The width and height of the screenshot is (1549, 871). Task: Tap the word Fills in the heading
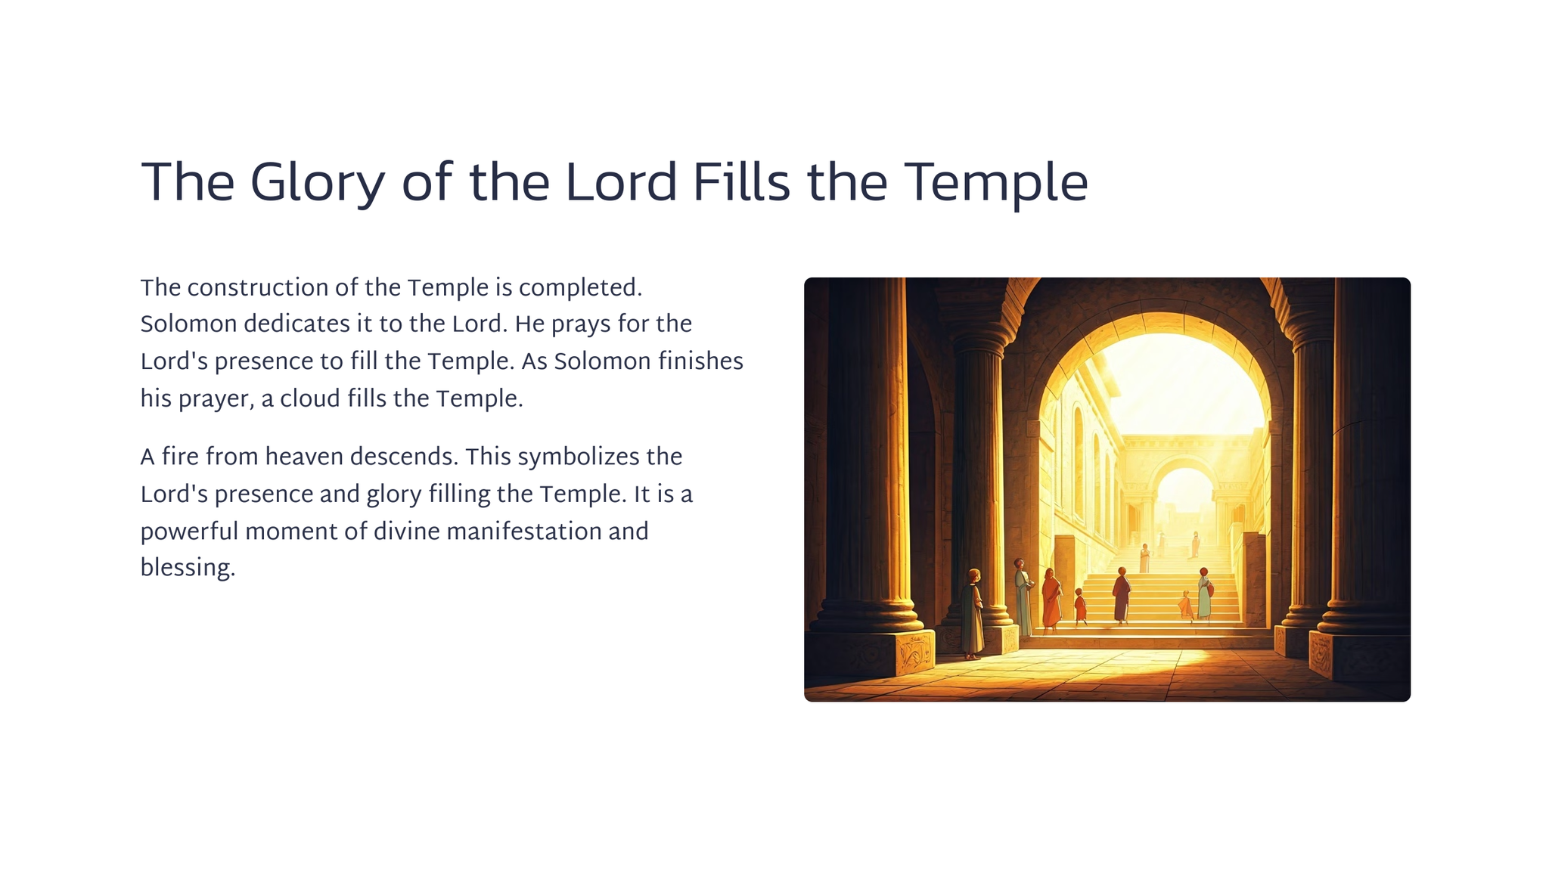[x=741, y=182]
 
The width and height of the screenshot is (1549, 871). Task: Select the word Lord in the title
[x=621, y=182]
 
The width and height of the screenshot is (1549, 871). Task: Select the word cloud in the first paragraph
[x=310, y=398]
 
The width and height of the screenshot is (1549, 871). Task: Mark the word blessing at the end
[x=188, y=569]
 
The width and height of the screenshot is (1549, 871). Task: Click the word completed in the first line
[x=580, y=289]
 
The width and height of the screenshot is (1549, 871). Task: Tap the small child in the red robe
[x=1080, y=607]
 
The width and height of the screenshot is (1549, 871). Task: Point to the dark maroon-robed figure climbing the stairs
[x=1121, y=596]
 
